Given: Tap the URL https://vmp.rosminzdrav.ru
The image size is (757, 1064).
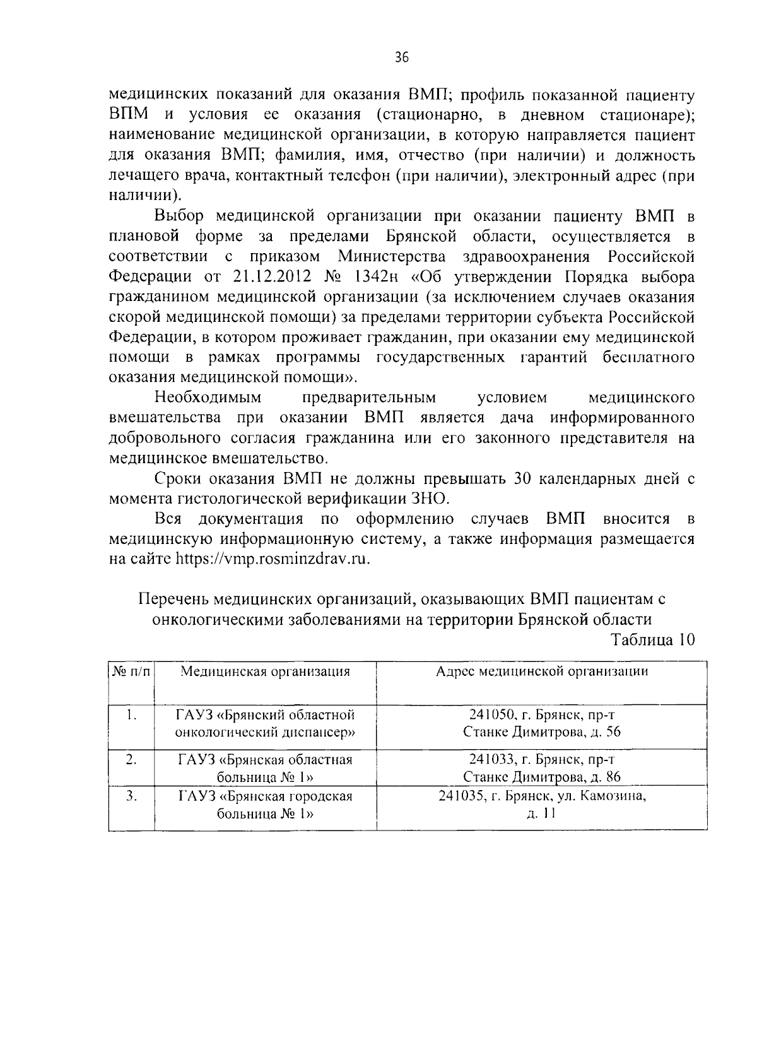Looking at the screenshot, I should point(271,559).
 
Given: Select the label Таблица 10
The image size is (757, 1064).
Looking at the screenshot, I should point(653,639).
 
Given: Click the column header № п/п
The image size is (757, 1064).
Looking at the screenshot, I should point(132,671).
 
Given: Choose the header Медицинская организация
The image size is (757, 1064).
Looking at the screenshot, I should point(265,671).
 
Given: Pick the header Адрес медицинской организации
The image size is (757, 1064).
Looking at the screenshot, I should point(542,671).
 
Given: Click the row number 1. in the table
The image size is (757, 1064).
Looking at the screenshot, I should point(131,715).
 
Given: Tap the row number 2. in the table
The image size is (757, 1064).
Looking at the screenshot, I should point(131,760).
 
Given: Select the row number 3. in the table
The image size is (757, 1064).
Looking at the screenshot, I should point(131,796).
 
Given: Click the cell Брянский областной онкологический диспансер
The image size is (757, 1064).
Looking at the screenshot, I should point(265,724).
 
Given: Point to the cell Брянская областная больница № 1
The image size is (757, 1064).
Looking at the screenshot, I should point(265,768).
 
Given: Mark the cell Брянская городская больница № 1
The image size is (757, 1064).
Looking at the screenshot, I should point(265,805).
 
